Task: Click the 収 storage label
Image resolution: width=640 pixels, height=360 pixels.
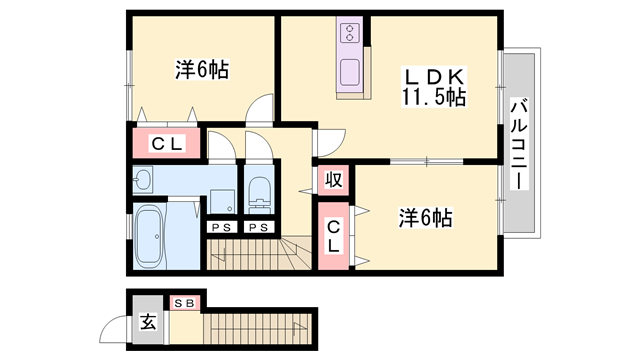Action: (333, 180)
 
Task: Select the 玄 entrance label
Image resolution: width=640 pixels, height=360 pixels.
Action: (148, 322)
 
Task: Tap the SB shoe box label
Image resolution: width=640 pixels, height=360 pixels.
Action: (186, 302)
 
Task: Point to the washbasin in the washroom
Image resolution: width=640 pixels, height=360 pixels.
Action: (141, 180)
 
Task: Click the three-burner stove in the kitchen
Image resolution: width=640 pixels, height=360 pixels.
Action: (350, 34)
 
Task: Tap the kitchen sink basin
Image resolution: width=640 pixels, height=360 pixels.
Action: (350, 73)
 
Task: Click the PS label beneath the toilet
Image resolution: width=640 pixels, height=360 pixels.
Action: (257, 227)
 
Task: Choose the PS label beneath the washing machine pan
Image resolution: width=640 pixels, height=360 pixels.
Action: (220, 227)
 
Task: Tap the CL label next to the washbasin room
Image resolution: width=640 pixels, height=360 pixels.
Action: (166, 143)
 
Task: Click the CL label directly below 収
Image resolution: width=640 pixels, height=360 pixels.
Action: (333, 236)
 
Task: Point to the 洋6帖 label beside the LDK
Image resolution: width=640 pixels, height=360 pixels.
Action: (201, 70)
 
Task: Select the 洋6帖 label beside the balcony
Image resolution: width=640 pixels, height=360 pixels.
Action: (425, 217)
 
